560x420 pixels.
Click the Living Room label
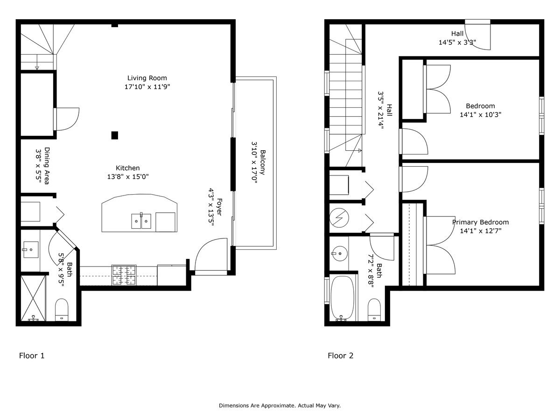click(x=147, y=78)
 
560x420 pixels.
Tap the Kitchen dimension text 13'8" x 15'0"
click(x=128, y=176)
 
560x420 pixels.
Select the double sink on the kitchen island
click(x=141, y=221)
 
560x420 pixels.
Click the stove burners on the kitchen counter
click(x=124, y=275)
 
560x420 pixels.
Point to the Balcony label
click(x=263, y=162)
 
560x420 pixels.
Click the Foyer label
click(x=219, y=207)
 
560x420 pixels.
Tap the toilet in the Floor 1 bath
click(x=62, y=309)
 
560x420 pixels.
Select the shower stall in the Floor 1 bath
click(x=33, y=298)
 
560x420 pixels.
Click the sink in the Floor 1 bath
click(x=31, y=250)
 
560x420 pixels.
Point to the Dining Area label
click(x=47, y=166)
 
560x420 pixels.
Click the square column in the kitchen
click(x=114, y=135)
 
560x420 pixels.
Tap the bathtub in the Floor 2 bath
click(x=343, y=298)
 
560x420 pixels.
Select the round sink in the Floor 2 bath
click(x=340, y=253)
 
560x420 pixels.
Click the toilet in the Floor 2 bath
click(x=374, y=309)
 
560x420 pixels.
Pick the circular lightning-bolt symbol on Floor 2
click(x=339, y=218)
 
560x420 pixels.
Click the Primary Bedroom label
click(x=480, y=222)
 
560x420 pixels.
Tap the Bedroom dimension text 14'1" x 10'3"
click(x=480, y=114)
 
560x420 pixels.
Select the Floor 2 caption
click(x=341, y=356)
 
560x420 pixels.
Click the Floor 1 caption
click(x=32, y=356)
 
